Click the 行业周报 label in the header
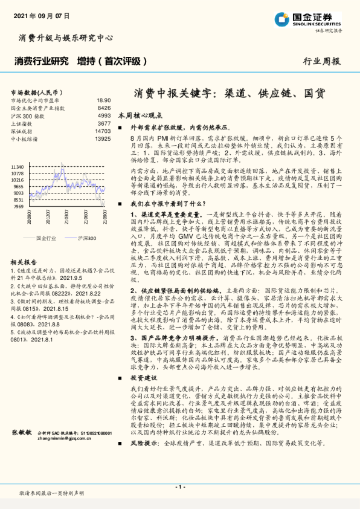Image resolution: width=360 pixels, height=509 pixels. click(321, 61)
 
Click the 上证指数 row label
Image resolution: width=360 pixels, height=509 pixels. click(23, 123)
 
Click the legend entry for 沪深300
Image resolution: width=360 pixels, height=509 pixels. click(86, 238)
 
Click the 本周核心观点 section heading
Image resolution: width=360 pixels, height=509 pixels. click(143, 115)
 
